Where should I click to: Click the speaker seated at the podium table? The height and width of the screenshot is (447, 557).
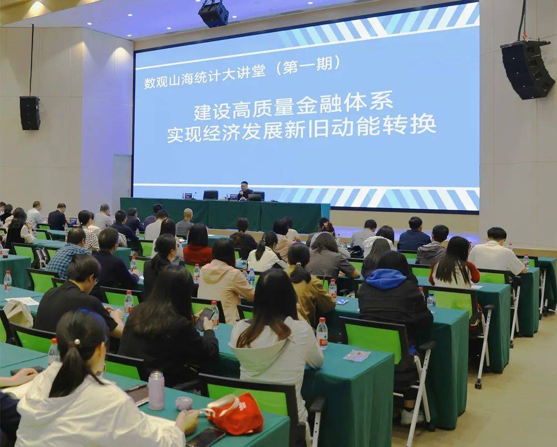(245, 191)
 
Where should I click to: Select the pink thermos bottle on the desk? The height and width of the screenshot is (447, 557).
(156, 390)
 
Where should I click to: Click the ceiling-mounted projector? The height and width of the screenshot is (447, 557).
(214, 13)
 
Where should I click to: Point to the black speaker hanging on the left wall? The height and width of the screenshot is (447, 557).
(30, 113)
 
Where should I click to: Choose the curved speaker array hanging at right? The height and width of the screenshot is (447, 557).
(527, 69)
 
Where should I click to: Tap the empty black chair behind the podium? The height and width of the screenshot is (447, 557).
(210, 195)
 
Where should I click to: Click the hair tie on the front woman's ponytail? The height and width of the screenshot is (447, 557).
(77, 341)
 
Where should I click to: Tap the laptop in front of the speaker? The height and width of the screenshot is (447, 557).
(255, 197)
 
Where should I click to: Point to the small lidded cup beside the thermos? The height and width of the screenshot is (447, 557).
(184, 403)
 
